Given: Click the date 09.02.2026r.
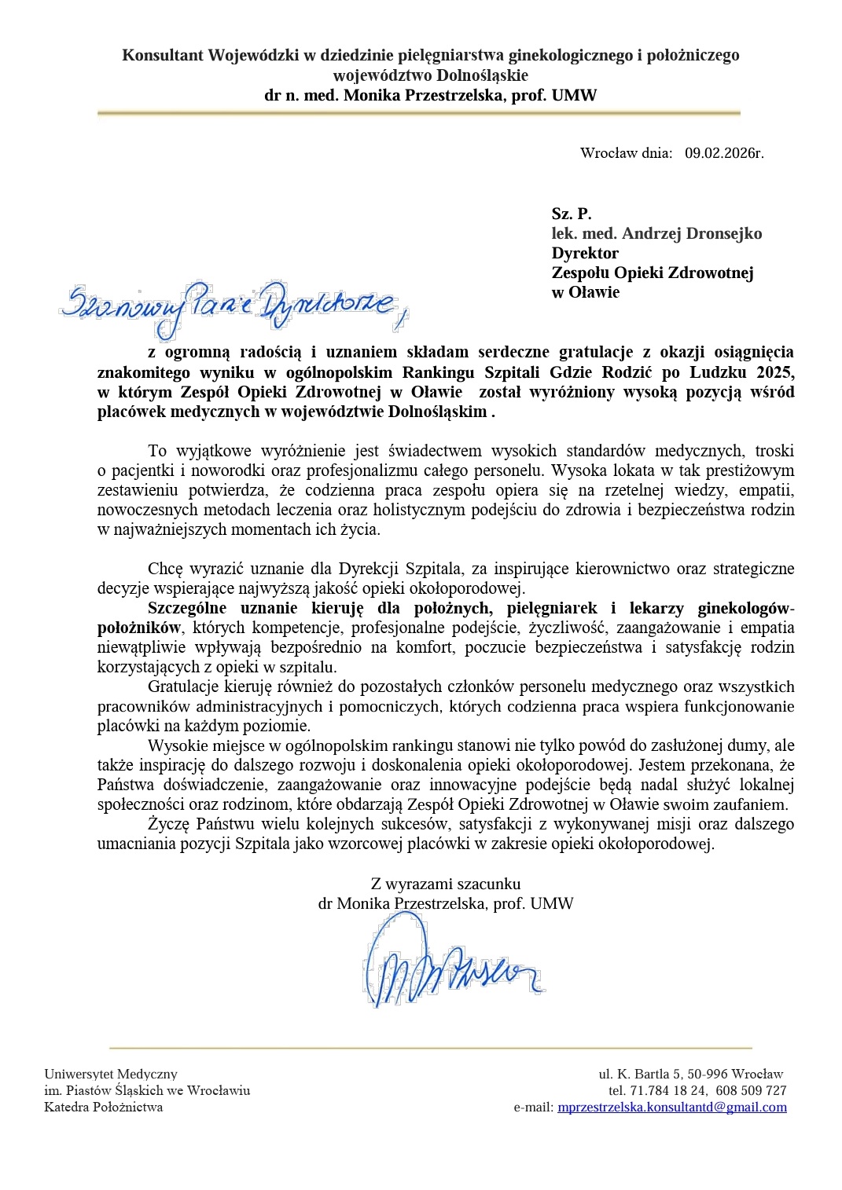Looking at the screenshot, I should click(x=723, y=153).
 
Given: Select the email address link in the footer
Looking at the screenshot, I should click(x=671, y=1108).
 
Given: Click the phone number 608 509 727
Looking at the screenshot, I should click(x=751, y=1091).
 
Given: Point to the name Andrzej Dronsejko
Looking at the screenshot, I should click(x=692, y=233).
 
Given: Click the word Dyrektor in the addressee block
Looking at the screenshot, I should click(x=585, y=253).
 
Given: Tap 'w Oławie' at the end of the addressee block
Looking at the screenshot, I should click(x=586, y=292).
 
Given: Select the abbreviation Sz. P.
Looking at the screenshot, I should click(x=572, y=214).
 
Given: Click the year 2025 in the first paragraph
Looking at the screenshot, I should click(x=775, y=372).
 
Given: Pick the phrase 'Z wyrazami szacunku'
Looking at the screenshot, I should click(x=446, y=884).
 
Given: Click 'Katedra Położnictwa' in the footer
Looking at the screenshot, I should click(x=104, y=1108).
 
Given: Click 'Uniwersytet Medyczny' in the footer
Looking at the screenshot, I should click(x=111, y=1074).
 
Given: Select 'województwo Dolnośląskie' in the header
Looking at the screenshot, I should click(x=430, y=75).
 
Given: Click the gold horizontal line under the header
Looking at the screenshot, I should click(x=419, y=113).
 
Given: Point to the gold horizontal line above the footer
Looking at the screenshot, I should click(x=430, y=1048).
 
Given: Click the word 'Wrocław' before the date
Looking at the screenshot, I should click(x=609, y=153).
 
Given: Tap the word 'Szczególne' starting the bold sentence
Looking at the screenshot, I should click(x=189, y=608).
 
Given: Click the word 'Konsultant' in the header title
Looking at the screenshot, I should click(x=163, y=55).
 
